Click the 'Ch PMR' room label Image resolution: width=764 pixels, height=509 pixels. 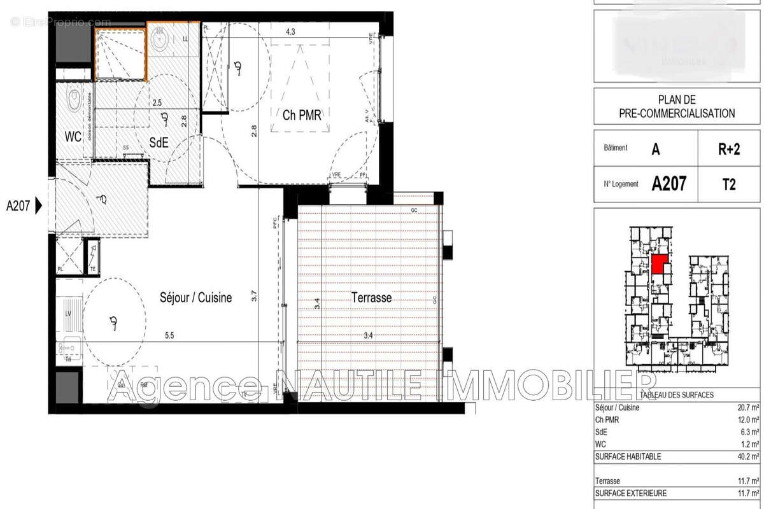click(x=302, y=115)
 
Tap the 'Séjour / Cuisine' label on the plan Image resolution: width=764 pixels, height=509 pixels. click(x=195, y=297)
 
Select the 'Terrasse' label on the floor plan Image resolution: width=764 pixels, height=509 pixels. click(x=371, y=297)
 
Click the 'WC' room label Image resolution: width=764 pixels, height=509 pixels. click(x=74, y=136)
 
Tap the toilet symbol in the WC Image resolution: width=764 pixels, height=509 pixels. click(x=75, y=99)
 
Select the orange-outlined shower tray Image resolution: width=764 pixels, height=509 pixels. click(x=120, y=50)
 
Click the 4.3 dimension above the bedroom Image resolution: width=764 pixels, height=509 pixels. click(x=291, y=31)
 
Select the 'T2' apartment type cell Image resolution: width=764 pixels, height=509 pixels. click(x=729, y=185)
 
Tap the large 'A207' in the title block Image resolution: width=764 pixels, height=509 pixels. click(x=668, y=185)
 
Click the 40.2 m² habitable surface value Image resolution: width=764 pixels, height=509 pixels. click(x=746, y=456)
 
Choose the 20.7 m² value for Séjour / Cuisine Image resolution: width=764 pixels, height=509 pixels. click(x=746, y=408)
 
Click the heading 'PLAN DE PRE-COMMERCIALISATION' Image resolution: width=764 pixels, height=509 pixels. click(x=676, y=107)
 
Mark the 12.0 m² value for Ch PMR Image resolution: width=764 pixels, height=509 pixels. click(x=746, y=420)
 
